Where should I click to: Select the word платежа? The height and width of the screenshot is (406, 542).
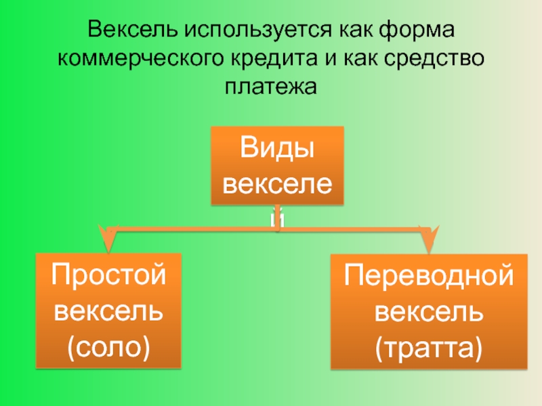(270, 87)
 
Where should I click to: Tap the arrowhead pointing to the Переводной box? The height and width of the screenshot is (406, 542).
(430, 240)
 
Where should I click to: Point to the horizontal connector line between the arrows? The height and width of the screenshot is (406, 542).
(203, 231)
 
